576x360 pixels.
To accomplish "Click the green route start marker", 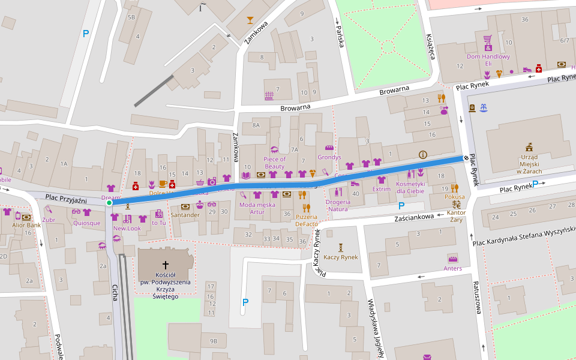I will point(109,203).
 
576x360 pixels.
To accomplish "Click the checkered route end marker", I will point(466,158).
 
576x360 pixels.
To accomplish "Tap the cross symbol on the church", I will point(166,264).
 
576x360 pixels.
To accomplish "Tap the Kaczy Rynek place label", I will point(340,257).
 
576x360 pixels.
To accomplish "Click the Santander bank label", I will point(185,214).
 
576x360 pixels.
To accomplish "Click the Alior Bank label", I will point(26,225).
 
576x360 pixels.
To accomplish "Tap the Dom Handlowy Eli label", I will point(488,60).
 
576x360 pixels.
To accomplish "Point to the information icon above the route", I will point(423,154).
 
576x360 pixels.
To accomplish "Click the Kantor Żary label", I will point(457,217).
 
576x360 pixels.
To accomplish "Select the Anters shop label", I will point(453,268).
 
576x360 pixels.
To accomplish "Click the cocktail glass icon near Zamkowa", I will point(250,20).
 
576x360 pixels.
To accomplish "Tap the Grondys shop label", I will point(329,157).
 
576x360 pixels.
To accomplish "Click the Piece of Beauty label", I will point(275,163).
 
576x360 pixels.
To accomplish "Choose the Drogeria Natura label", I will point(338,205).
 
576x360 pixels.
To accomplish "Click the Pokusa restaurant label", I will point(455,196).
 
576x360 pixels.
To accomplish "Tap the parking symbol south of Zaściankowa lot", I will point(245,302).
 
